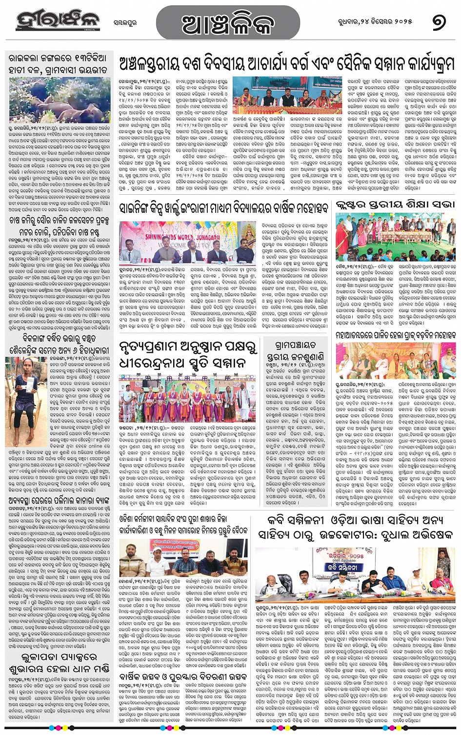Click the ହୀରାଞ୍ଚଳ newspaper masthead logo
(x=58, y=20)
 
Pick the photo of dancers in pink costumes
(x=187, y=398)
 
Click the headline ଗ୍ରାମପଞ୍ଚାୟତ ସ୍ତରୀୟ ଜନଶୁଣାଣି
(x=296, y=350)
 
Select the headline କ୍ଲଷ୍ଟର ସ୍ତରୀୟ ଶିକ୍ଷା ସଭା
(x=395, y=204)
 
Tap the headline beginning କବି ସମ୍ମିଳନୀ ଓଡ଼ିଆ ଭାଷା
(x=355, y=527)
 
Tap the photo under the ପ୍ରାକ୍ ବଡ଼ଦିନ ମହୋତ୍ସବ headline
(x=395, y=360)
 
